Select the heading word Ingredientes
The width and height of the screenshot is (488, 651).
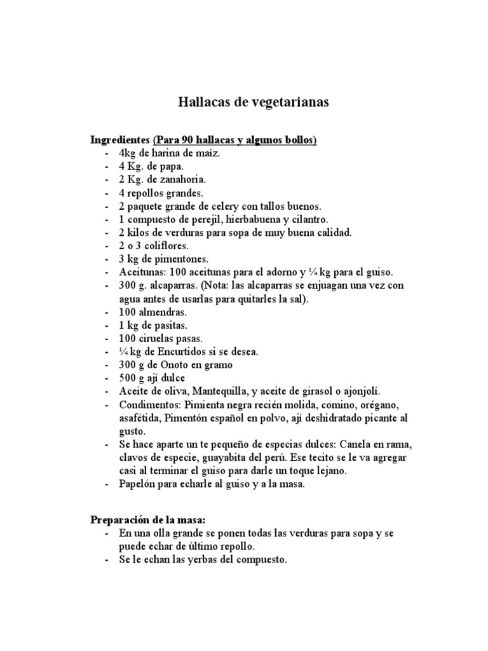[x=120, y=140]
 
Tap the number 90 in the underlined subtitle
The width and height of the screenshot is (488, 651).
[x=187, y=140]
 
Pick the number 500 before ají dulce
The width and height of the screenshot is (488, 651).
[x=127, y=378]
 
